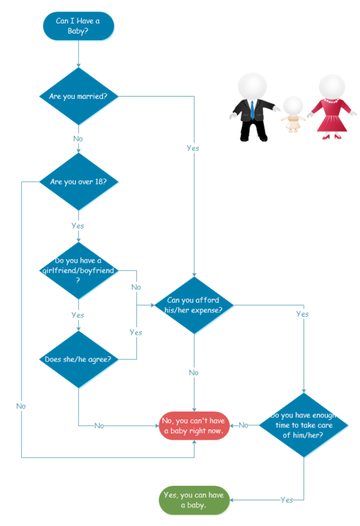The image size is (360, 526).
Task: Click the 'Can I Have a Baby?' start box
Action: point(78,26)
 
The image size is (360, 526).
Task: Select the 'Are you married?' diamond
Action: point(78,96)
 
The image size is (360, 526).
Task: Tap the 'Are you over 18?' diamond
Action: point(78,181)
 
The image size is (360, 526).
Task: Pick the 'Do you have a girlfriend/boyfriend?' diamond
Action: point(78,270)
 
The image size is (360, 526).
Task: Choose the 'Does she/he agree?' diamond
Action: point(78,359)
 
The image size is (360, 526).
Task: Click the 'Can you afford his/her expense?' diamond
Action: point(194,305)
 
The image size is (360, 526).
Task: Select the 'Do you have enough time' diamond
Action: point(304,425)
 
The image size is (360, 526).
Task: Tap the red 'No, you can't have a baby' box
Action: point(194,426)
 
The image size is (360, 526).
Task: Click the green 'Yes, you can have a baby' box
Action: point(194,500)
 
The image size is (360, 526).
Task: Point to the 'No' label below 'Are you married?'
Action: point(78,139)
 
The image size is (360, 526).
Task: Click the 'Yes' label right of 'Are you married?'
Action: point(193,148)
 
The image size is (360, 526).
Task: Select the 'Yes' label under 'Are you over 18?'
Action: point(78,226)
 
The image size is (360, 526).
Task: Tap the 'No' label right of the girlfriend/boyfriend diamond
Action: point(136,287)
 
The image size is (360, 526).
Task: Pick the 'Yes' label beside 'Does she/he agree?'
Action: point(136,332)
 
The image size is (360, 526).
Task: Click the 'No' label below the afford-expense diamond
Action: point(194,372)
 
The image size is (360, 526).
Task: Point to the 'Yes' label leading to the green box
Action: point(287,500)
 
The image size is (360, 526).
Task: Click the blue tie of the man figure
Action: point(253,109)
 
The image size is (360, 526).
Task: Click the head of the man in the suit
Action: point(252,86)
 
